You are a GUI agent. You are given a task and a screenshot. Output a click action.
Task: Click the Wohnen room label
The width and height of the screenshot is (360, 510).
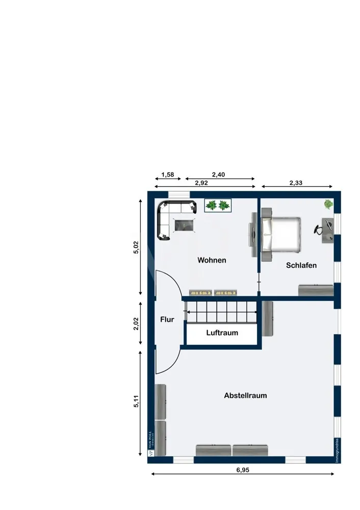[x=212, y=260]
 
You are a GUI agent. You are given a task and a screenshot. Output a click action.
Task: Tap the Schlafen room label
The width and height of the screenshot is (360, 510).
[x=301, y=265]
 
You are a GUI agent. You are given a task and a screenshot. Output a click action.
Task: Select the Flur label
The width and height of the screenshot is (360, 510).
[x=167, y=320]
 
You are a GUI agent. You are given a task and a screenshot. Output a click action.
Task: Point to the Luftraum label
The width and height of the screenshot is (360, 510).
[x=222, y=333]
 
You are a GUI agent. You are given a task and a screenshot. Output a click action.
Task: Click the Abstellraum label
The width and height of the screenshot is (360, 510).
[x=245, y=395]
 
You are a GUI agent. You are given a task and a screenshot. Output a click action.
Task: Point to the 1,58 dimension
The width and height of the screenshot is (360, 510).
[x=168, y=174]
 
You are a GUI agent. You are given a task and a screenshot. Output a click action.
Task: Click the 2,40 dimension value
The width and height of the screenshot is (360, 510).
[x=218, y=174]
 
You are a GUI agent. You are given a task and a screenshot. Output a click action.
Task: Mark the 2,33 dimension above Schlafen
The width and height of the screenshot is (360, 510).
[x=296, y=182]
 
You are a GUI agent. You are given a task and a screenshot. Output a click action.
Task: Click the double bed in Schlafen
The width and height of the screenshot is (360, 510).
[x=281, y=234]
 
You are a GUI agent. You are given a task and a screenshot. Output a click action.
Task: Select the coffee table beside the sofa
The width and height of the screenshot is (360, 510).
[x=184, y=225]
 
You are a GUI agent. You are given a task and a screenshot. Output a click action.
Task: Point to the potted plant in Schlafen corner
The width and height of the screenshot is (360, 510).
[x=328, y=205]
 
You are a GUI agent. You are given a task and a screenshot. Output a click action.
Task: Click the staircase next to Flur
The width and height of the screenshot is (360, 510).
[x=221, y=312]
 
